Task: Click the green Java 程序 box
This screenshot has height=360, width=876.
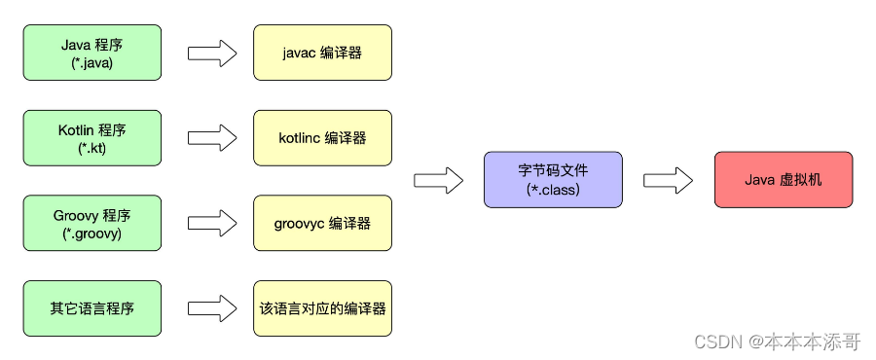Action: click(x=92, y=54)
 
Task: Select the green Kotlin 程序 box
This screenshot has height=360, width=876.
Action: click(x=92, y=137)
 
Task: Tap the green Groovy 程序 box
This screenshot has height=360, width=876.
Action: click(x=92, y=223)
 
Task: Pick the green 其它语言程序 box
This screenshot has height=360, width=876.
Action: click(x=92, y=308)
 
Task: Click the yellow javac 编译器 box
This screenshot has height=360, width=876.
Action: click(x=322, y=54)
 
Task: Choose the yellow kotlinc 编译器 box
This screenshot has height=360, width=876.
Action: click(x=322, y=137)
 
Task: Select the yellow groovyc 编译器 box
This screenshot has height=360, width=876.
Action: click(x=322, y=223)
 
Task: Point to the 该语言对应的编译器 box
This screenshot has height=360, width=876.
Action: click(x=322, y=308)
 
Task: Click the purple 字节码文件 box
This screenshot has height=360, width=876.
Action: click(x=552, y=180)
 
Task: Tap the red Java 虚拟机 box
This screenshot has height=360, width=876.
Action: click(x=784, y=180)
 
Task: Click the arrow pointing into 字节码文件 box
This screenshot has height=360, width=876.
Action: click(x=438, y=180)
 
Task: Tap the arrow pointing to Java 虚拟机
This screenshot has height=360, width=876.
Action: click(x=668, y=180)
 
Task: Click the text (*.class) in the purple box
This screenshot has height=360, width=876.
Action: click(x=552, y=190)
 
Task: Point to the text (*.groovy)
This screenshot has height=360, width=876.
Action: click(x=92, y=233)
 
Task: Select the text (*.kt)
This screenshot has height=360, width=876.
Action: click(x=92, y=148)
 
